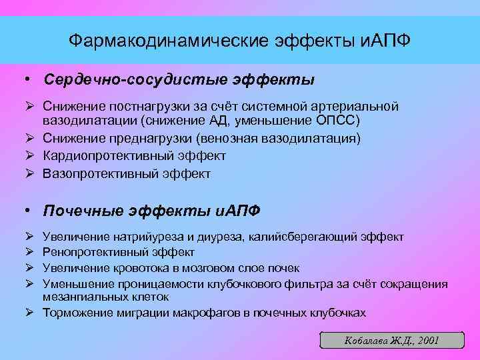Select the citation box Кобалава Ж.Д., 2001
pos(391,340)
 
